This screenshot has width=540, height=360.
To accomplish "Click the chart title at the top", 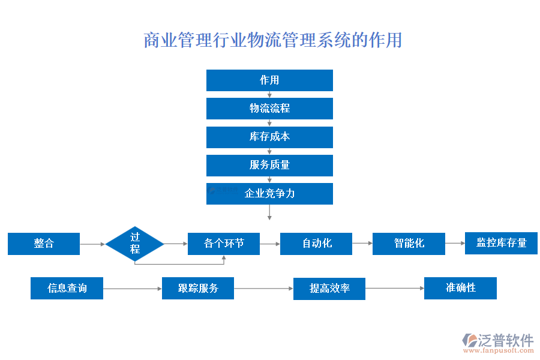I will click(x=272, y=40).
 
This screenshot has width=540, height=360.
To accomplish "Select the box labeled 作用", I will click(x=269, y=80).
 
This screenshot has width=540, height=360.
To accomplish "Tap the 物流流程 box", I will click(x=269, y=109).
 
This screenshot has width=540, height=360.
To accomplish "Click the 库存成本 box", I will click(x=269, y=137).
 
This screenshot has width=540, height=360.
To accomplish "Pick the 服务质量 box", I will click(x=269, y=165).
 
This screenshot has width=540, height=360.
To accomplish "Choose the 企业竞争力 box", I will click(x=269, y=194).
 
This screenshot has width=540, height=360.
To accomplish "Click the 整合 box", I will click(x=44, y=244).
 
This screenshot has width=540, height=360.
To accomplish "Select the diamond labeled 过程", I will click(x=135, y=244).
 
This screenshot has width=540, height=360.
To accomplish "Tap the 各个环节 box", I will click(x=224, y=244).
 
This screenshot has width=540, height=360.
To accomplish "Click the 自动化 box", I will click(x=316, y=244).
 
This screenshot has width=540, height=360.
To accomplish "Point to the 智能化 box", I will click(x=409, y=244).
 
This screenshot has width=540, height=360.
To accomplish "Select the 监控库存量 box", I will click(x=501, y=243).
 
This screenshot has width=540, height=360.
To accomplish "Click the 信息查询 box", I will click(x=67, y=289).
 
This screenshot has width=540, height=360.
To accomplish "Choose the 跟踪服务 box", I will click(x=198, y=289).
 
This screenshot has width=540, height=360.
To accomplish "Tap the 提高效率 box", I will click(x=329, y=289).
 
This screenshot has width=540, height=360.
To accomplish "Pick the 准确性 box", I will click(x=460, y=288).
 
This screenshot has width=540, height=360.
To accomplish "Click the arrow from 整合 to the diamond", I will click(x=92, y=244).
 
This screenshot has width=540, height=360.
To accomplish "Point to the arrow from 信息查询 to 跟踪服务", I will click(x=132, y=289).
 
